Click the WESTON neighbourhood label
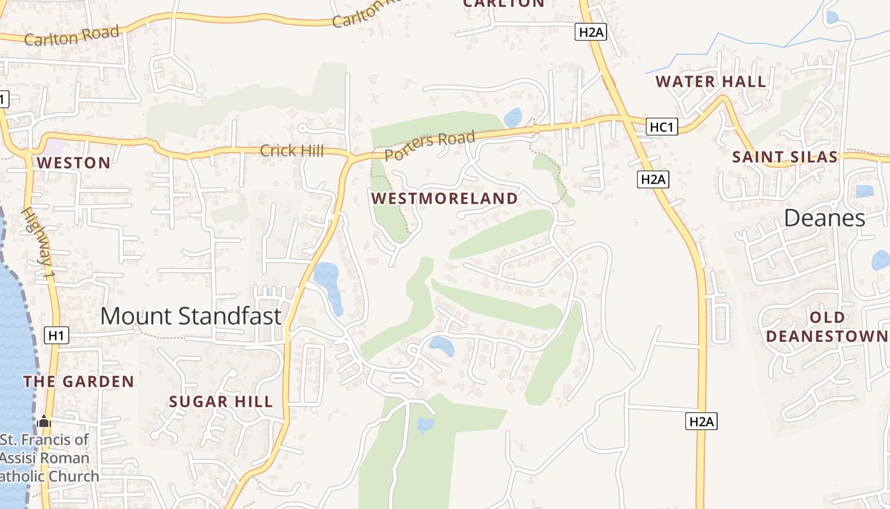74,163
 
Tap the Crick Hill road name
292,151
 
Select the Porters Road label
430,145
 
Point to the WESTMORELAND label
445,199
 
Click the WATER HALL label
711,81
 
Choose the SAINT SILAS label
785,157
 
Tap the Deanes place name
824,218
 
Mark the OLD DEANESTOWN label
827,326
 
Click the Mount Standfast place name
191,316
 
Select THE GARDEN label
79,382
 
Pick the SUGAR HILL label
221,401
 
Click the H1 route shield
56,335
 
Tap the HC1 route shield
661,127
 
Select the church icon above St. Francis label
43,421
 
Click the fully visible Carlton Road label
71,36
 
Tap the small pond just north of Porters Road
512,118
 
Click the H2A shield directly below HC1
652,179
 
